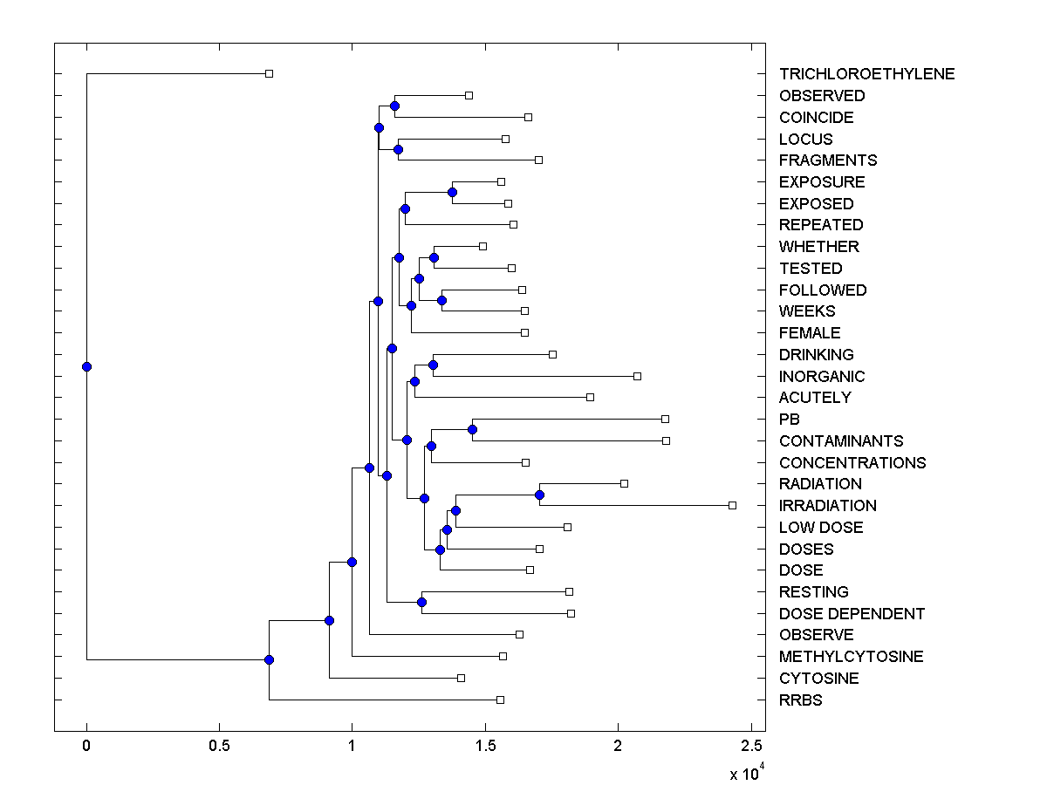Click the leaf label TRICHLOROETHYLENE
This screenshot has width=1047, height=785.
tap(866, 74)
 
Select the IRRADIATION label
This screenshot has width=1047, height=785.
tap(827, 506)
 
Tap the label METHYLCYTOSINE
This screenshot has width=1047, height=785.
tap(851, 657)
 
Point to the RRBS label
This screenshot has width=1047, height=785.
tap(800, 700)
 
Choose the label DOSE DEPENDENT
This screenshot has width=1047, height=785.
tap(852, 614)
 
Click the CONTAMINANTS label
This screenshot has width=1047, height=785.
tap(841, 441)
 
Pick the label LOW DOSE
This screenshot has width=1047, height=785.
tap(821, 528)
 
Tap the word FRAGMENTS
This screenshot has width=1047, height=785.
tap(828, 160)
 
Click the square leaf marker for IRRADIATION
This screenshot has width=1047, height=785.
tap(732, 505)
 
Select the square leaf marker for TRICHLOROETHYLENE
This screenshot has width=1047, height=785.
tap(269, 73)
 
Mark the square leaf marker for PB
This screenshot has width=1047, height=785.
tap(665, 419)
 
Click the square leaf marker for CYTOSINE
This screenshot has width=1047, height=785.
tap(461, 678)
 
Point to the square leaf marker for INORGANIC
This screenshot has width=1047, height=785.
tap(637, 376)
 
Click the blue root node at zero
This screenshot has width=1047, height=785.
tap(86, 366)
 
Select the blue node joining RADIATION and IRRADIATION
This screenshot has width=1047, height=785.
tap(539, 495)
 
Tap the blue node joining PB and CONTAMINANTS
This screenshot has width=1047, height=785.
tap(472, 429)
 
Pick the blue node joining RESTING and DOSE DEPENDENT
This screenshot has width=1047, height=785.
tap(421, 602)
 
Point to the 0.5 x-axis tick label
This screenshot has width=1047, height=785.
tap(219, 746)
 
